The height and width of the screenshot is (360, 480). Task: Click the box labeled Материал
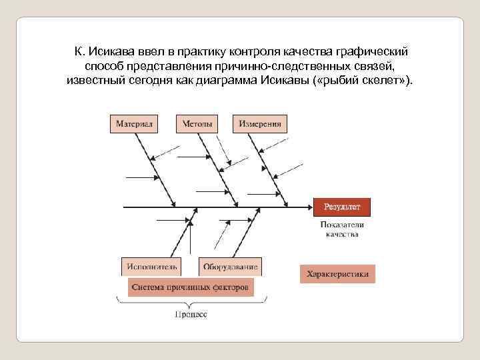click(135, 124)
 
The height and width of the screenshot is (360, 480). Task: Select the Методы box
click(196, 124)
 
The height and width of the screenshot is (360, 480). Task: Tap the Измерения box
click(260, 124)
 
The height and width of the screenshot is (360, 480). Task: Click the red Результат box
click(341, 207)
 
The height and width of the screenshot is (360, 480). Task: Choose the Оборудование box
click(230, 267)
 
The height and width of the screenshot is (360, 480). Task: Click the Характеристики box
click(337, 274)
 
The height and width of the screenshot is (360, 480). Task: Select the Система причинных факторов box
click(191, 287)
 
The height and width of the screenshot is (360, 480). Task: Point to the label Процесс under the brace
click(191, 313)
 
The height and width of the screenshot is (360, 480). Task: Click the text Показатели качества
click(342, 229)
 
